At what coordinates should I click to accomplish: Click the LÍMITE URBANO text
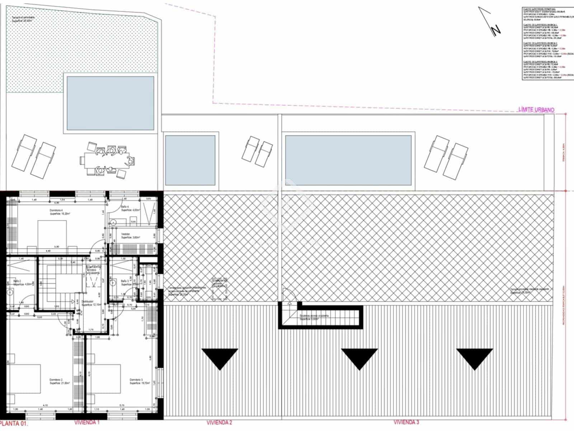point(536,110)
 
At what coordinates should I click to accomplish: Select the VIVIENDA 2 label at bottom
point(219,422)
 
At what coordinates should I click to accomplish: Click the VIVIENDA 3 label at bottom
point(406,422)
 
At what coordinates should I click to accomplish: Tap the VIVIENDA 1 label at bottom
point(87,422)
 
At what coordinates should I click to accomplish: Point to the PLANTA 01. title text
point(14,423)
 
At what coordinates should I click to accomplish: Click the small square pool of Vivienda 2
point(190,160)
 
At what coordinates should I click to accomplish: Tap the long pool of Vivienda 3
point(348,160)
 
